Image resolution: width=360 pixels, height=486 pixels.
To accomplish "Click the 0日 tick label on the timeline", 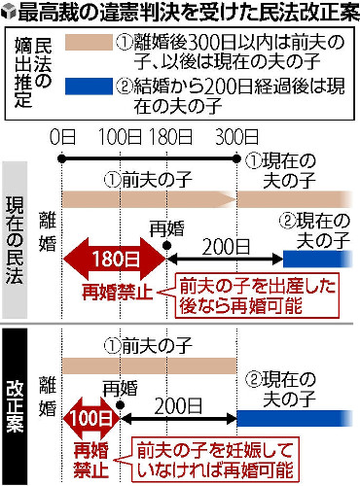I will [60, 134].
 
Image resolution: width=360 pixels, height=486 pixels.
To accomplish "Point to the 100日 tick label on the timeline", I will [123, 134].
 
